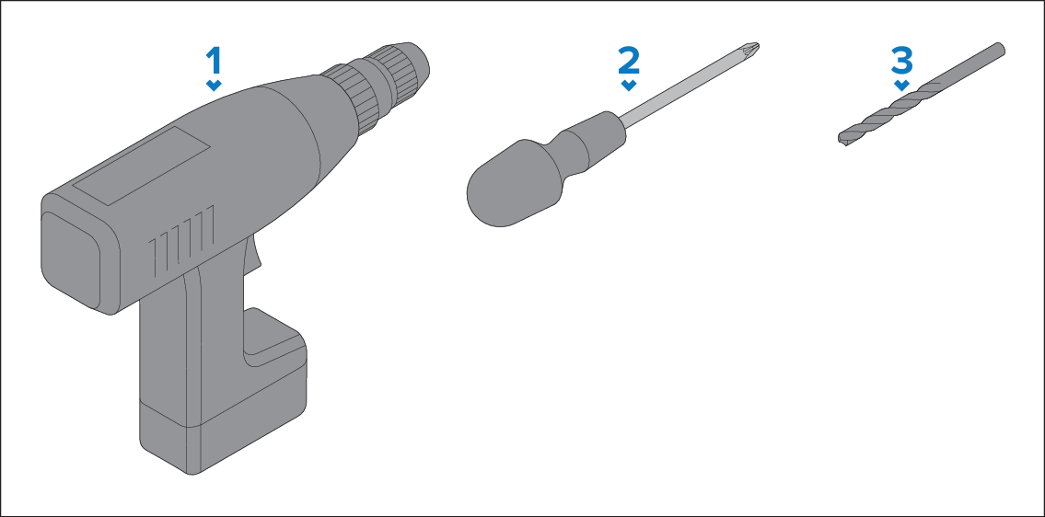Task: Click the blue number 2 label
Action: pyautogui.click(x=629, y=61)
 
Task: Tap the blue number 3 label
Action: pyautogui.click(x=901, y=61)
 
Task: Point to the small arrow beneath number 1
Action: pyautogui.click(x=214, y=86)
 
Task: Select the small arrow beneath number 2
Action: pyautogui.click(x=629, y=86)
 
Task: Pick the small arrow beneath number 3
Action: pyautogui.click(x=901, y=86)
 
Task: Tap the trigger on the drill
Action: pyautogui.click(x=252, y=257)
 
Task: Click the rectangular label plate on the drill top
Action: pyautogui.click(x=141, y=166)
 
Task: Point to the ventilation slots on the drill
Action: pyautogui.click(x=181, y=240)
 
